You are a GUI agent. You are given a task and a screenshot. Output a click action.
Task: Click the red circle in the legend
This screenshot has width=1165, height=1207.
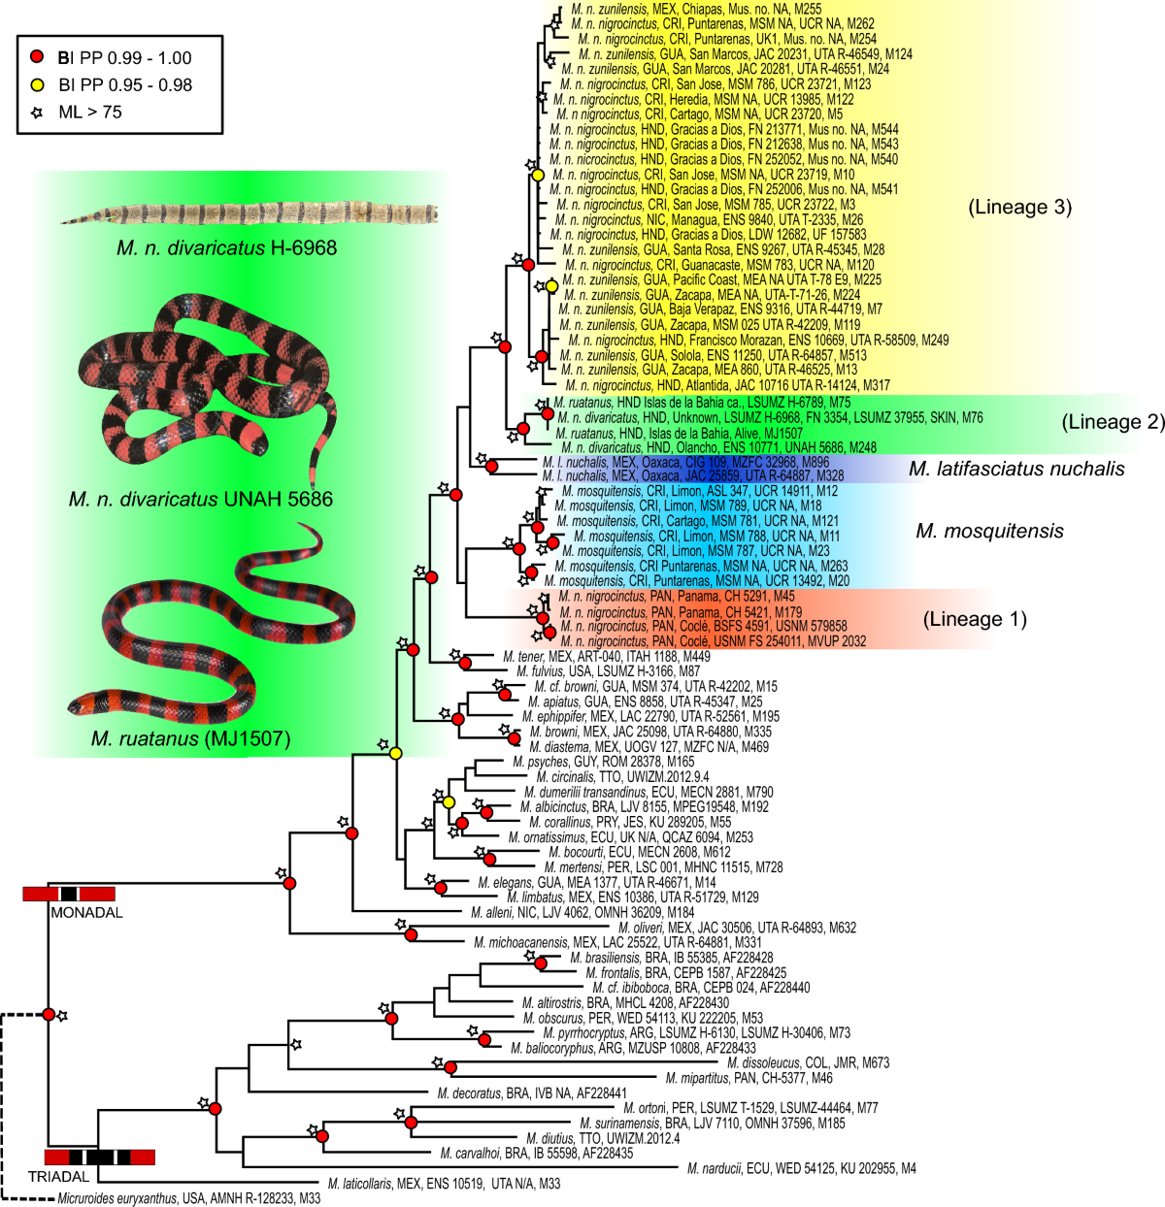click(x=38, y=57)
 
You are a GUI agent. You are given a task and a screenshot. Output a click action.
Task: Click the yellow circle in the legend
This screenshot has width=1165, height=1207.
click(x=38, y=84)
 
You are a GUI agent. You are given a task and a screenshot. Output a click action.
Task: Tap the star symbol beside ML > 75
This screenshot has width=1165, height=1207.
click(x=38, y=112)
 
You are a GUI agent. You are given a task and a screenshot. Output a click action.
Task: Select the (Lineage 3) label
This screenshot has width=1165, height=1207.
click(x=1019, y=207)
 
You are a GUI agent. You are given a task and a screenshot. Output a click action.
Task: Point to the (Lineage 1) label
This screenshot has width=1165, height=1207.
click(x=974, y=619)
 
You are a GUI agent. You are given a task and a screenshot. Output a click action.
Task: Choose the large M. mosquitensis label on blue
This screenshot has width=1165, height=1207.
click(x=989, y=531)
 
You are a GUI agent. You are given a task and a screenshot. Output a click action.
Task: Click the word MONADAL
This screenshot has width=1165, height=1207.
click(x=86, y=912)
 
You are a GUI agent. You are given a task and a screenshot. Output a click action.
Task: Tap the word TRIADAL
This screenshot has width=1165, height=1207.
click(x=58, y=1176)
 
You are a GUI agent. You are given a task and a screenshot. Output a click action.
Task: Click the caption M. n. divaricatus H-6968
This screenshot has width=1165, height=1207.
click(x=226, y=247)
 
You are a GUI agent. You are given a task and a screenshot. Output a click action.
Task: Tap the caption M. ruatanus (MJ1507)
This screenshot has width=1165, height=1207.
click(x=190, y=739)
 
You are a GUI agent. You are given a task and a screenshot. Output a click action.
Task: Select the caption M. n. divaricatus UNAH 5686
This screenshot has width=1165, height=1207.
click(x=200, y=500)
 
